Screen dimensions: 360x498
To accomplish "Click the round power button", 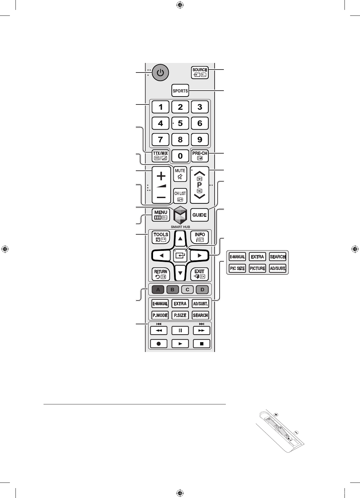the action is click(160, 73).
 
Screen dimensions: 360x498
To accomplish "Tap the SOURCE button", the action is click(200, 73).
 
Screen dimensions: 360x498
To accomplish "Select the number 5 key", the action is click(180, 123).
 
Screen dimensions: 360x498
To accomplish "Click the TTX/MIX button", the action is click(161, 156).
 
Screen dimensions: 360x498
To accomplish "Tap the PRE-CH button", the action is click(200, 156).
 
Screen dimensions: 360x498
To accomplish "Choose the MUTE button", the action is click(180, 174).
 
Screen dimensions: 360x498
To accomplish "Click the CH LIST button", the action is click(180, 196).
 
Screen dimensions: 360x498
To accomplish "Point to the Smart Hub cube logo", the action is click(180, 215).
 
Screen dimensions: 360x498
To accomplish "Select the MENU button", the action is click(161, 215).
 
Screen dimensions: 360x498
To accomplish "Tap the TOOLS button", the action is click(161, 237).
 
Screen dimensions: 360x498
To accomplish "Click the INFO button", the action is click(200, 237).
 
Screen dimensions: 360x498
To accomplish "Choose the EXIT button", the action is click(200, 274).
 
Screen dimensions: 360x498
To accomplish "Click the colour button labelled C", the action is click(188, 289).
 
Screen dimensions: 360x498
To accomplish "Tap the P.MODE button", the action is click(160, 315).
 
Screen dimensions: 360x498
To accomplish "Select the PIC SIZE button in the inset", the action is click(237, 268).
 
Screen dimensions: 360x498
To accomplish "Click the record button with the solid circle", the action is click(159, 343).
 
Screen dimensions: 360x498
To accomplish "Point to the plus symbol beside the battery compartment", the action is click(276, 415).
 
